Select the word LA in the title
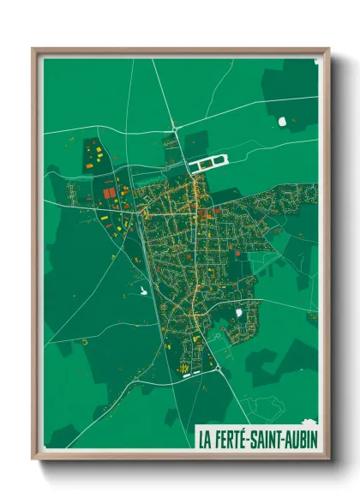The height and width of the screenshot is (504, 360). tap(206, 440)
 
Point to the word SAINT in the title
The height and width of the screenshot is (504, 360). tap(265, 440)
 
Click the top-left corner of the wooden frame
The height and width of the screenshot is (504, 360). tap(33, 49)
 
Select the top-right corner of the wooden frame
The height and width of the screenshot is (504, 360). tap(328, 49)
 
